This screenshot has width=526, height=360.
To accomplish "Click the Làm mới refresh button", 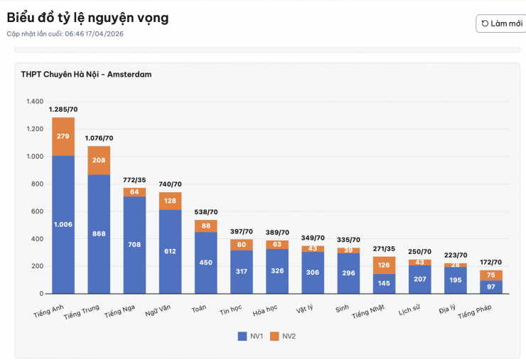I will point(500,23).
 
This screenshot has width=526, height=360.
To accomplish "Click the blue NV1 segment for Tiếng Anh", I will point(63,224).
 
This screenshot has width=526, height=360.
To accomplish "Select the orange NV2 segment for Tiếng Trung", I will point(99,160).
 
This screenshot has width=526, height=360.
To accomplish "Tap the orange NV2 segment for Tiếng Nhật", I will point(384,265).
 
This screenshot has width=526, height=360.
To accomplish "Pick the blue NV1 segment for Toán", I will point(205,262).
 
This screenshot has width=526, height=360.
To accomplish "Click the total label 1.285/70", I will point(63,110).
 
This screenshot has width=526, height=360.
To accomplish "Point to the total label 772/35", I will point(134,180).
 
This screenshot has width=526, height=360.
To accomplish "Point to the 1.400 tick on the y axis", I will point(35,102).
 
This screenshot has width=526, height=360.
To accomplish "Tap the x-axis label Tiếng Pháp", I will point(474,311).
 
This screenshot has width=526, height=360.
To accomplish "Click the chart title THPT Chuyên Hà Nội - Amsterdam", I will point(85,74).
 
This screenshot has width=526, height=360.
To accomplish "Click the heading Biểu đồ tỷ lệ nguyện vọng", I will point(87,18).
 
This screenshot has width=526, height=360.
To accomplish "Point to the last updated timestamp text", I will point(65,33).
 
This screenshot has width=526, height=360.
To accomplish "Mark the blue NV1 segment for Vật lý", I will point(313,272).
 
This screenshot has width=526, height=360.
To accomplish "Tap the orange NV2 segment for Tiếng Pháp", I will point(490,275).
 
